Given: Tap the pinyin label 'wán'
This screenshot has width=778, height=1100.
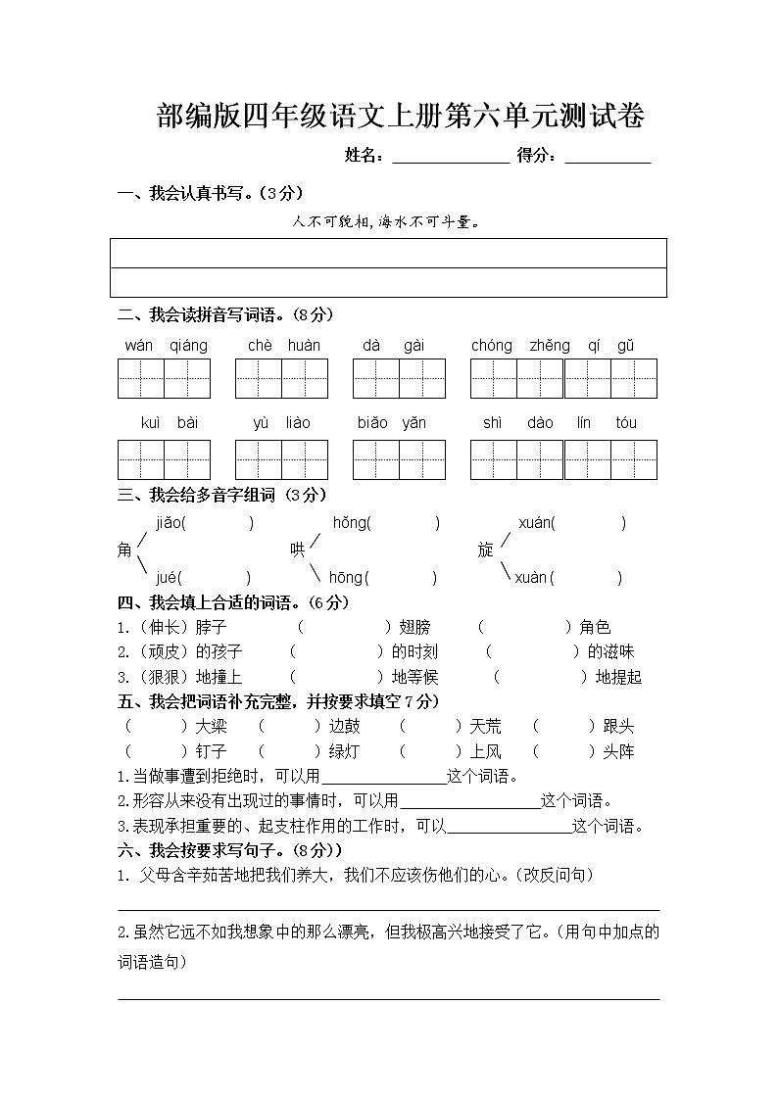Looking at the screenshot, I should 140,345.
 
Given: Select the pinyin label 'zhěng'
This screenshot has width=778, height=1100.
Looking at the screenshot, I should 550,345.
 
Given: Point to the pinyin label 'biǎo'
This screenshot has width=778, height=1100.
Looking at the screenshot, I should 372,423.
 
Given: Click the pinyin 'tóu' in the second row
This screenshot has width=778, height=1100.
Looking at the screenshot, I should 626,423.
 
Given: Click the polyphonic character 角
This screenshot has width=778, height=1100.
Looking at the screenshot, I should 124,550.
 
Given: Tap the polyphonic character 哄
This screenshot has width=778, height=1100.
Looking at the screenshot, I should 297,550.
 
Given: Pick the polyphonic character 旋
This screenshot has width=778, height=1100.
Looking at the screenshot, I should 485,550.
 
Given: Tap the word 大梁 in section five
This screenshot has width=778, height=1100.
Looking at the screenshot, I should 211,726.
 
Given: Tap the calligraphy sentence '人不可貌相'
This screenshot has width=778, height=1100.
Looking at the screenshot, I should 334,222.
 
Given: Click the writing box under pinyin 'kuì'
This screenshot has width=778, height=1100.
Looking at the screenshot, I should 141,459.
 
